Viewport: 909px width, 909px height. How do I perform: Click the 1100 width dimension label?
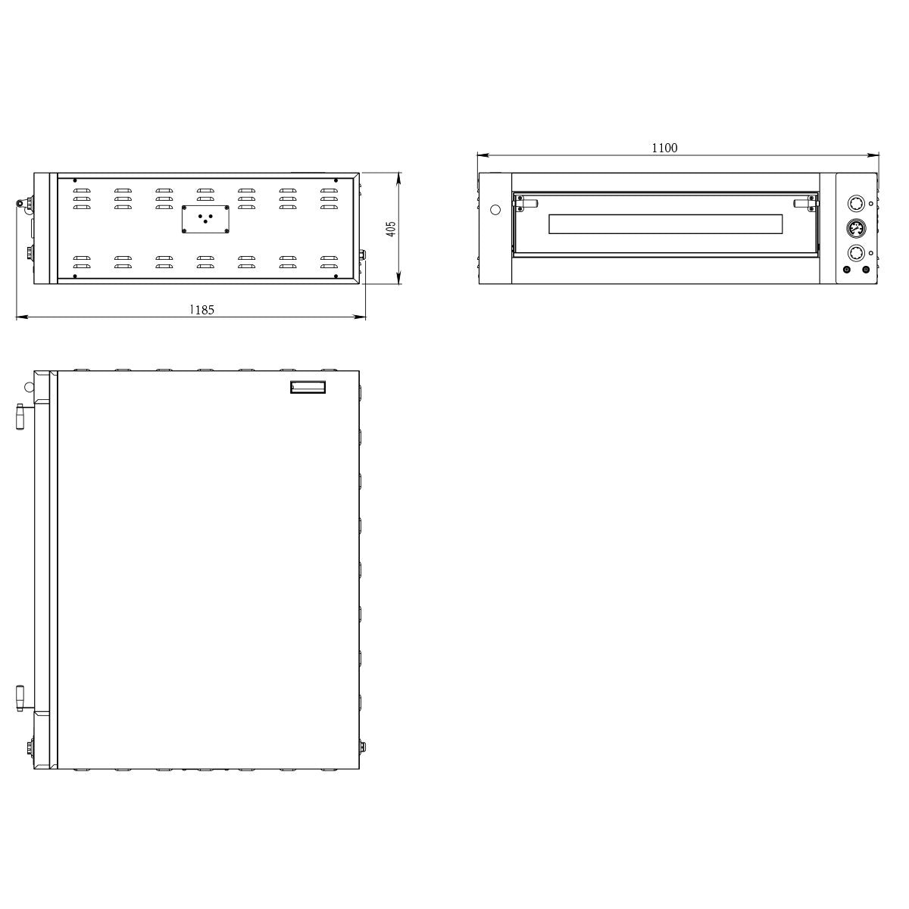(664, 148)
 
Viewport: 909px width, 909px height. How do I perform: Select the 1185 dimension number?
(201, 310)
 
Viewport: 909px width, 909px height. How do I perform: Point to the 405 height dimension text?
(391, 229)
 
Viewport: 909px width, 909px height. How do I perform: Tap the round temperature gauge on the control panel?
(856, 230)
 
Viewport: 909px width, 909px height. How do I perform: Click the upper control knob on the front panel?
(856, 204)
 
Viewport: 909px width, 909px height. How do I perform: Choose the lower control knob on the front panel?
(856, 253)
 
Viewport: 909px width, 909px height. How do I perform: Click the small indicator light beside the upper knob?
(871, 204)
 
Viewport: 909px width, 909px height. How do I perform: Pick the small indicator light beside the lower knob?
(871, 253)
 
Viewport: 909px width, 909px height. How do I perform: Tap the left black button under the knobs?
(846, 270)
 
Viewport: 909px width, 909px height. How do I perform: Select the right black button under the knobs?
(866, 270)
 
